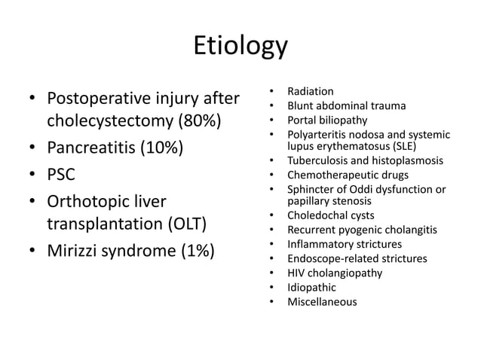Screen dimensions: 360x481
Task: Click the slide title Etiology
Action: point(240,46)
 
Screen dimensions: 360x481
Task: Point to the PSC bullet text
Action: point(63,175)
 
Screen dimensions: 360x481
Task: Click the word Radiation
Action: point(311,92)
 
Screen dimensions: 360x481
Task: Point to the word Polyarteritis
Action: point(318,133)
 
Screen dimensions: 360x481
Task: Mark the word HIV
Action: point(296,273)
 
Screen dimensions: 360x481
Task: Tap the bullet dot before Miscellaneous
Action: point(271,301)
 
